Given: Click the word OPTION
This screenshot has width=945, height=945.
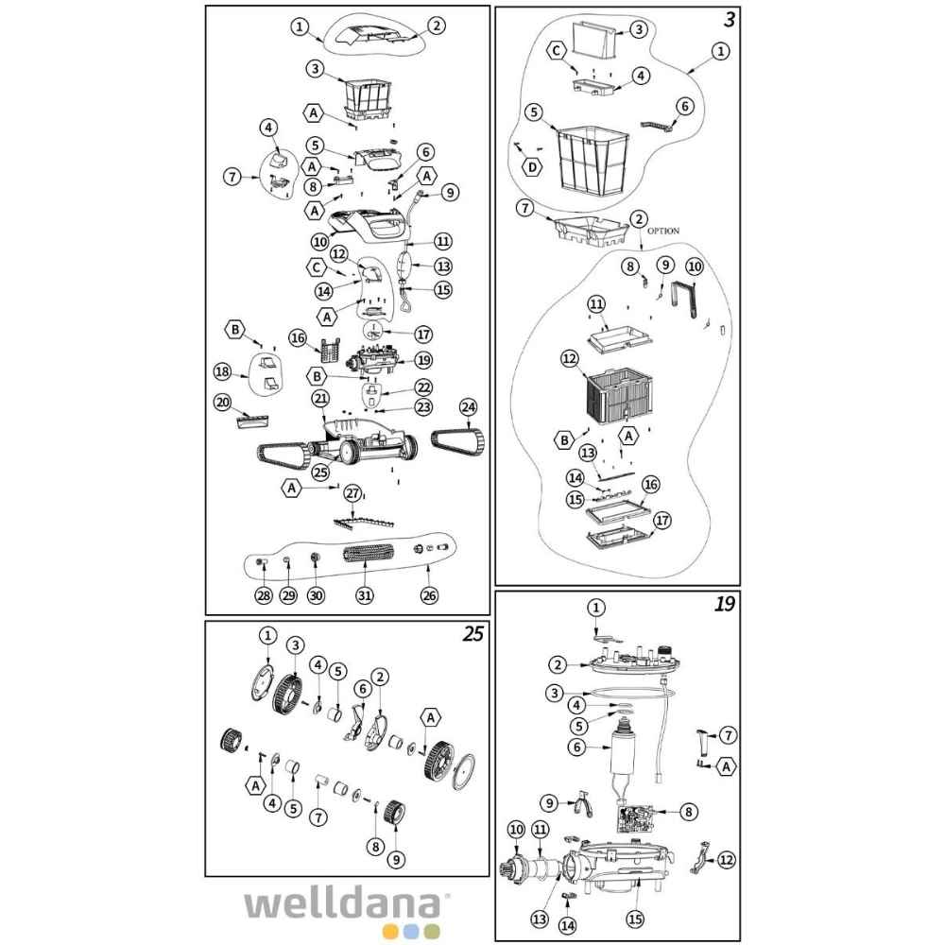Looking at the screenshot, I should pos(664,230).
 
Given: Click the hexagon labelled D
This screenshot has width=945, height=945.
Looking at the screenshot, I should pos(534,167).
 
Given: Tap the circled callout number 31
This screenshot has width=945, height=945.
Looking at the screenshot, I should pos(363,595).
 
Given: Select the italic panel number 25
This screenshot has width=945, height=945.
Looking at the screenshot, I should pos(473,634).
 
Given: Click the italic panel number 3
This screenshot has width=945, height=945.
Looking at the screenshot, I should pos(729,19).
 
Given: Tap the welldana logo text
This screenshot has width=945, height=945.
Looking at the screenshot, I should pos(348,902).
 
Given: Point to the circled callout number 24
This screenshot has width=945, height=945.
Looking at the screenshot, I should pos(467,407).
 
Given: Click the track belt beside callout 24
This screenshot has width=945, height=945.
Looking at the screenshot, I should pos(457,439).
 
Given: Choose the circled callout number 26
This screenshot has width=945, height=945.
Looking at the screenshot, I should pos(430,595).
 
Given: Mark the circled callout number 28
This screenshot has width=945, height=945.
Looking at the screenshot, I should pos(263,595).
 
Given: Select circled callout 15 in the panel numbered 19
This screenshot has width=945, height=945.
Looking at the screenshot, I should pos(635,918).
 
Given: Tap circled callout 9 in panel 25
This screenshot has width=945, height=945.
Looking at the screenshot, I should pos(396,859).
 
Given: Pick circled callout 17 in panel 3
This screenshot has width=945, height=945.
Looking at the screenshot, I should pos(662,521).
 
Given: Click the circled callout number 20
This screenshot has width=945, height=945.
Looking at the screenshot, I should pos(222,402).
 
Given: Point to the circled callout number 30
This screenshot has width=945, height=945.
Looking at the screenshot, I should pos(316,595).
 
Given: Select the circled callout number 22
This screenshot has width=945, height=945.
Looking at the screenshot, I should pos(423,387).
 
